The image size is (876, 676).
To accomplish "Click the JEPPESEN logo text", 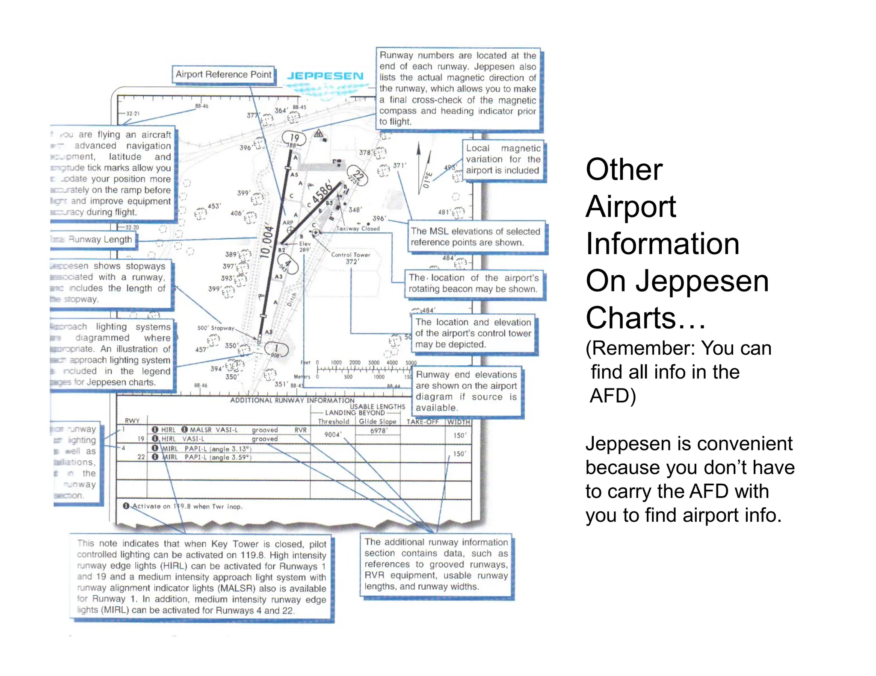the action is pos(325,76).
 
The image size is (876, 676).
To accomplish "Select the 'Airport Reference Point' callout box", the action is pos(223,74).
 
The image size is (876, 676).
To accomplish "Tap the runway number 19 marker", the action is pos(294,138).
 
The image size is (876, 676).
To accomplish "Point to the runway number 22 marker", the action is pos(358,175).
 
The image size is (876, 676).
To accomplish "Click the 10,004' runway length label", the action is pos(267,241).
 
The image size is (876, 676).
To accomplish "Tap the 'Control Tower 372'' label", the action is pos(351,258).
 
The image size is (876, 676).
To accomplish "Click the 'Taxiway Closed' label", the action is pos(358,229).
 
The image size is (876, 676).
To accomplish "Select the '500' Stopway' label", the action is pos(216,328).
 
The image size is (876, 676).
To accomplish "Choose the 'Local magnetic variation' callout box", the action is pos(503,159).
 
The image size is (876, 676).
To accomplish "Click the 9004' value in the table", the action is pos(332,435).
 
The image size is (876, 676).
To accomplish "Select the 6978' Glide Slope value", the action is pos(379,431).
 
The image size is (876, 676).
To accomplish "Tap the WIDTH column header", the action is pos(459,422).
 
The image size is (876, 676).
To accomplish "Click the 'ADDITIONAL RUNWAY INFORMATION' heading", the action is pos(292,400).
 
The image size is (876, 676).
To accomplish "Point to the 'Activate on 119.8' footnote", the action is pos(184,506).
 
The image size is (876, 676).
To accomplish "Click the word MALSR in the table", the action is pos(201,429).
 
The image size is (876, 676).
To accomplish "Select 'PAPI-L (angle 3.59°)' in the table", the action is pos(218,457).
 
